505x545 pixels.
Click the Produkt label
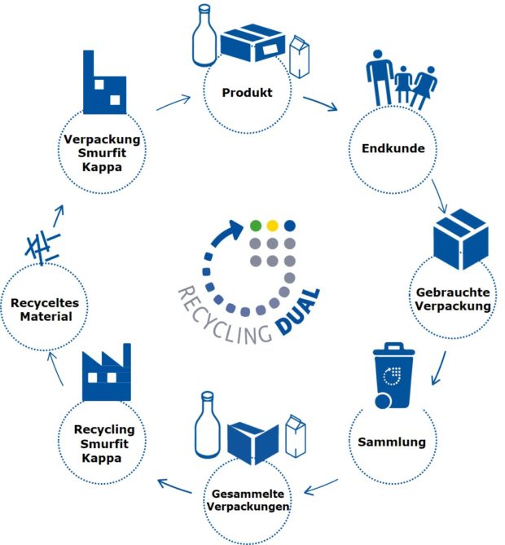point(247,93)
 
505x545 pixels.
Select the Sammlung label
point(392,442)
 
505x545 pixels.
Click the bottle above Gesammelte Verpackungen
point(209,425)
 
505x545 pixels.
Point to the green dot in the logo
point(256,225)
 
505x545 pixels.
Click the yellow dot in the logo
point(273,225)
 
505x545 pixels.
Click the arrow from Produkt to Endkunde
point(322,104)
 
